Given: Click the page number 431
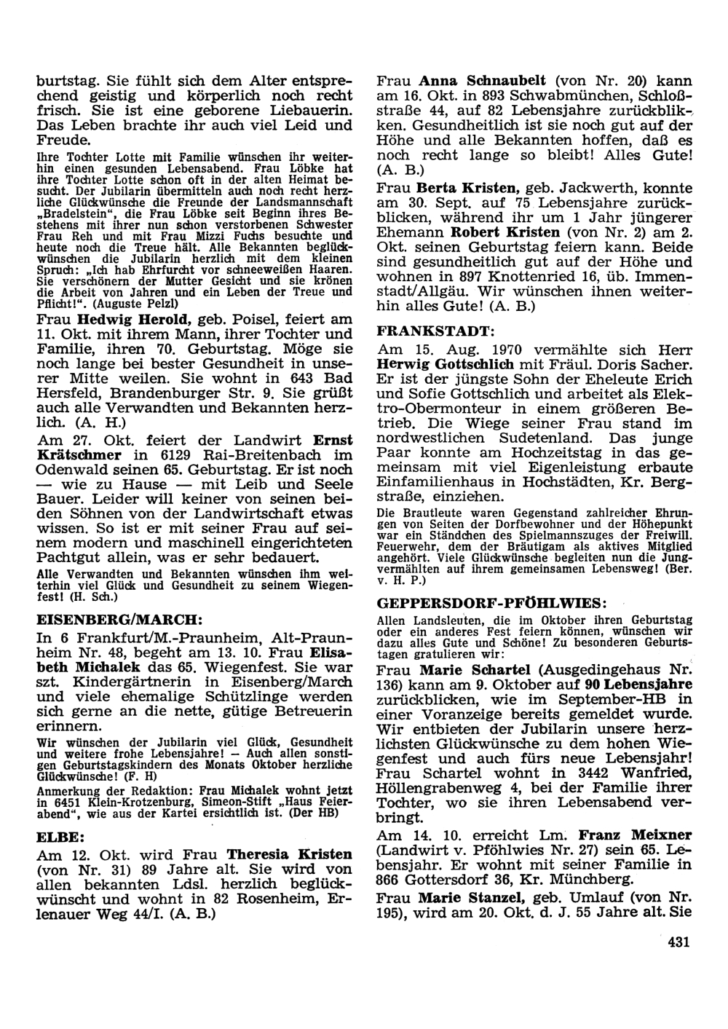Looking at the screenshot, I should click(x=677, y=942).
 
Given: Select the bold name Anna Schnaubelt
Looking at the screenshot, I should click(x=486, y=81).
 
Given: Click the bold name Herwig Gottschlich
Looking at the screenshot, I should click(x=446, y=363).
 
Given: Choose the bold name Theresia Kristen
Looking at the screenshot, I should click(x=289, y=853).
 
